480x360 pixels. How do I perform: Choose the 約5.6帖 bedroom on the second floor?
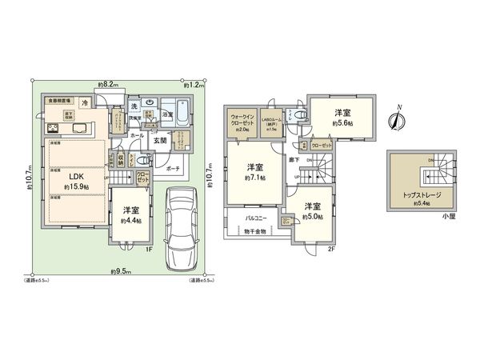[342, 118]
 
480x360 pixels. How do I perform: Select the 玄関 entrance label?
[160, 141]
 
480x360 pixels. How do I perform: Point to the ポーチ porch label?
[173, 170]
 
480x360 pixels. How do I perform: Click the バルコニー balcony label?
[254, 217]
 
